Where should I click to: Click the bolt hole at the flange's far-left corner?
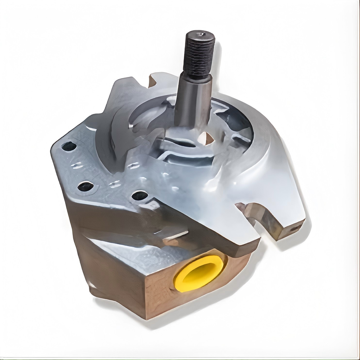[x=69, y=146]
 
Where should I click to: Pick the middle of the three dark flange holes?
[x=85, y=186]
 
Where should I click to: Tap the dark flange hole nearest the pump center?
[x=140, y=195]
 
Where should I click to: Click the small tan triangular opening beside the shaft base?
[x=206, y=139]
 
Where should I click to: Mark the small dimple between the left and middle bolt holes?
[x=77, y=165]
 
